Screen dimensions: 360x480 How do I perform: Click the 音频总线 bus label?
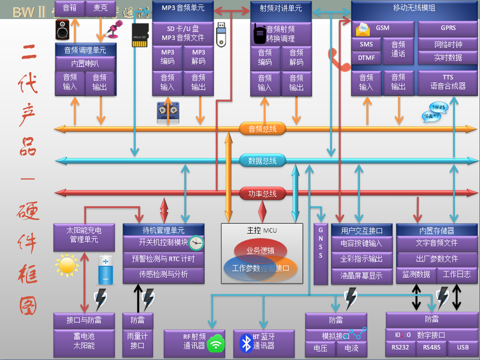(x=263, y=129)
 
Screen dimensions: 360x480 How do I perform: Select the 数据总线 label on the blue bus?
(x=263, y=161)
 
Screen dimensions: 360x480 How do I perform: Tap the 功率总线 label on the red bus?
(x=263, y=193)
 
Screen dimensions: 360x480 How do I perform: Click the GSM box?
(x=383, y=28)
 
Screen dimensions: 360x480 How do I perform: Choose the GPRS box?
(x=448, y=28)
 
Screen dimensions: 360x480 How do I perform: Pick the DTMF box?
(x=366, y=58)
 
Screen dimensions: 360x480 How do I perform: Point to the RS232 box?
(x=400, y=347)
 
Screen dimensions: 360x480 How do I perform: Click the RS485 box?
(x=431, y=347)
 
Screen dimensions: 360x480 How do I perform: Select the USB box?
(x=462, y=347)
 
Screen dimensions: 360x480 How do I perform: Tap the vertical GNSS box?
(x=321, y=253)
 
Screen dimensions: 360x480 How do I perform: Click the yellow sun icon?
(x=67, y=265)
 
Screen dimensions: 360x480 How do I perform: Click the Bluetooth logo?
(x=245, y=343)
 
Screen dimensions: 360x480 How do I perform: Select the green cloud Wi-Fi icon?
(x=216, y=344)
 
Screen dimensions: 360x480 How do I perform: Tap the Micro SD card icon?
(x=140, y=35)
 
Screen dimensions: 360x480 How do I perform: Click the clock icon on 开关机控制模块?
(x=196, y=243)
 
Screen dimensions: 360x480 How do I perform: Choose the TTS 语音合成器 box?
(x=448, y=82)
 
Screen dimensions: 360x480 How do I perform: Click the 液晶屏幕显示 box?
(x=361, y=276)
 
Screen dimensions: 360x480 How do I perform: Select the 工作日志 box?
(x=456, y=274)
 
